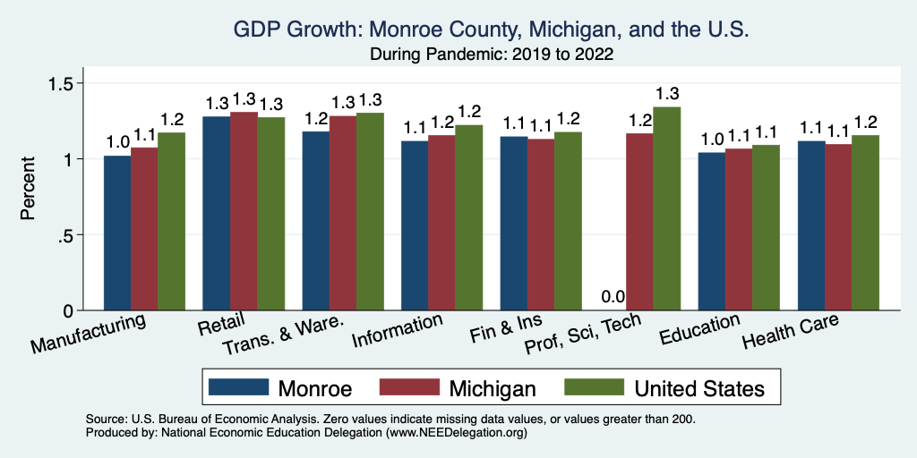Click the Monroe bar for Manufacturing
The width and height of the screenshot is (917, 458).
point(117,233)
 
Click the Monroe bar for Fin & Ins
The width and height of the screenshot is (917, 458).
point(514,224)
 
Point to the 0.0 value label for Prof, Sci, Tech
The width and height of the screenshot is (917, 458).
point(613,297)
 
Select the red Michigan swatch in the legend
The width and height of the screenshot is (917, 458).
point(409,387)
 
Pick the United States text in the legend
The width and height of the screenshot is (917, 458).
point(699,388)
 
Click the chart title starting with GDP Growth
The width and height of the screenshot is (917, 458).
point(490,30)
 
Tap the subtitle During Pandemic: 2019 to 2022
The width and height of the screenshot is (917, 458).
point(490,54)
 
